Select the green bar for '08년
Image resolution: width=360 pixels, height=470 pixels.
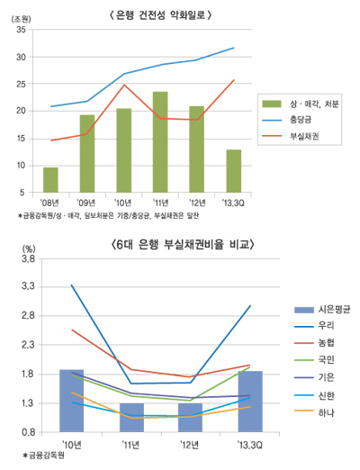click(x=50, y=180)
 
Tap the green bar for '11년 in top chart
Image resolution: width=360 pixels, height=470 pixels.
click(x=160, y=142)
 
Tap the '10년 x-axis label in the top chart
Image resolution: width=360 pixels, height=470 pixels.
click(x=123, y=203)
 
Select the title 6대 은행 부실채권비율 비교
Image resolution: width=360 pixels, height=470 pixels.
click(x=179, y=244)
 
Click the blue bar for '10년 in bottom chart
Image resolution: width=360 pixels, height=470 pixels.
click(x=72, y=401)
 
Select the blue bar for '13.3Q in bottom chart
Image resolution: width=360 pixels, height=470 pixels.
click(x=249, y=402)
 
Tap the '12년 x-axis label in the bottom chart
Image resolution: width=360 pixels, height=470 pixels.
click(x=190, y=443)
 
